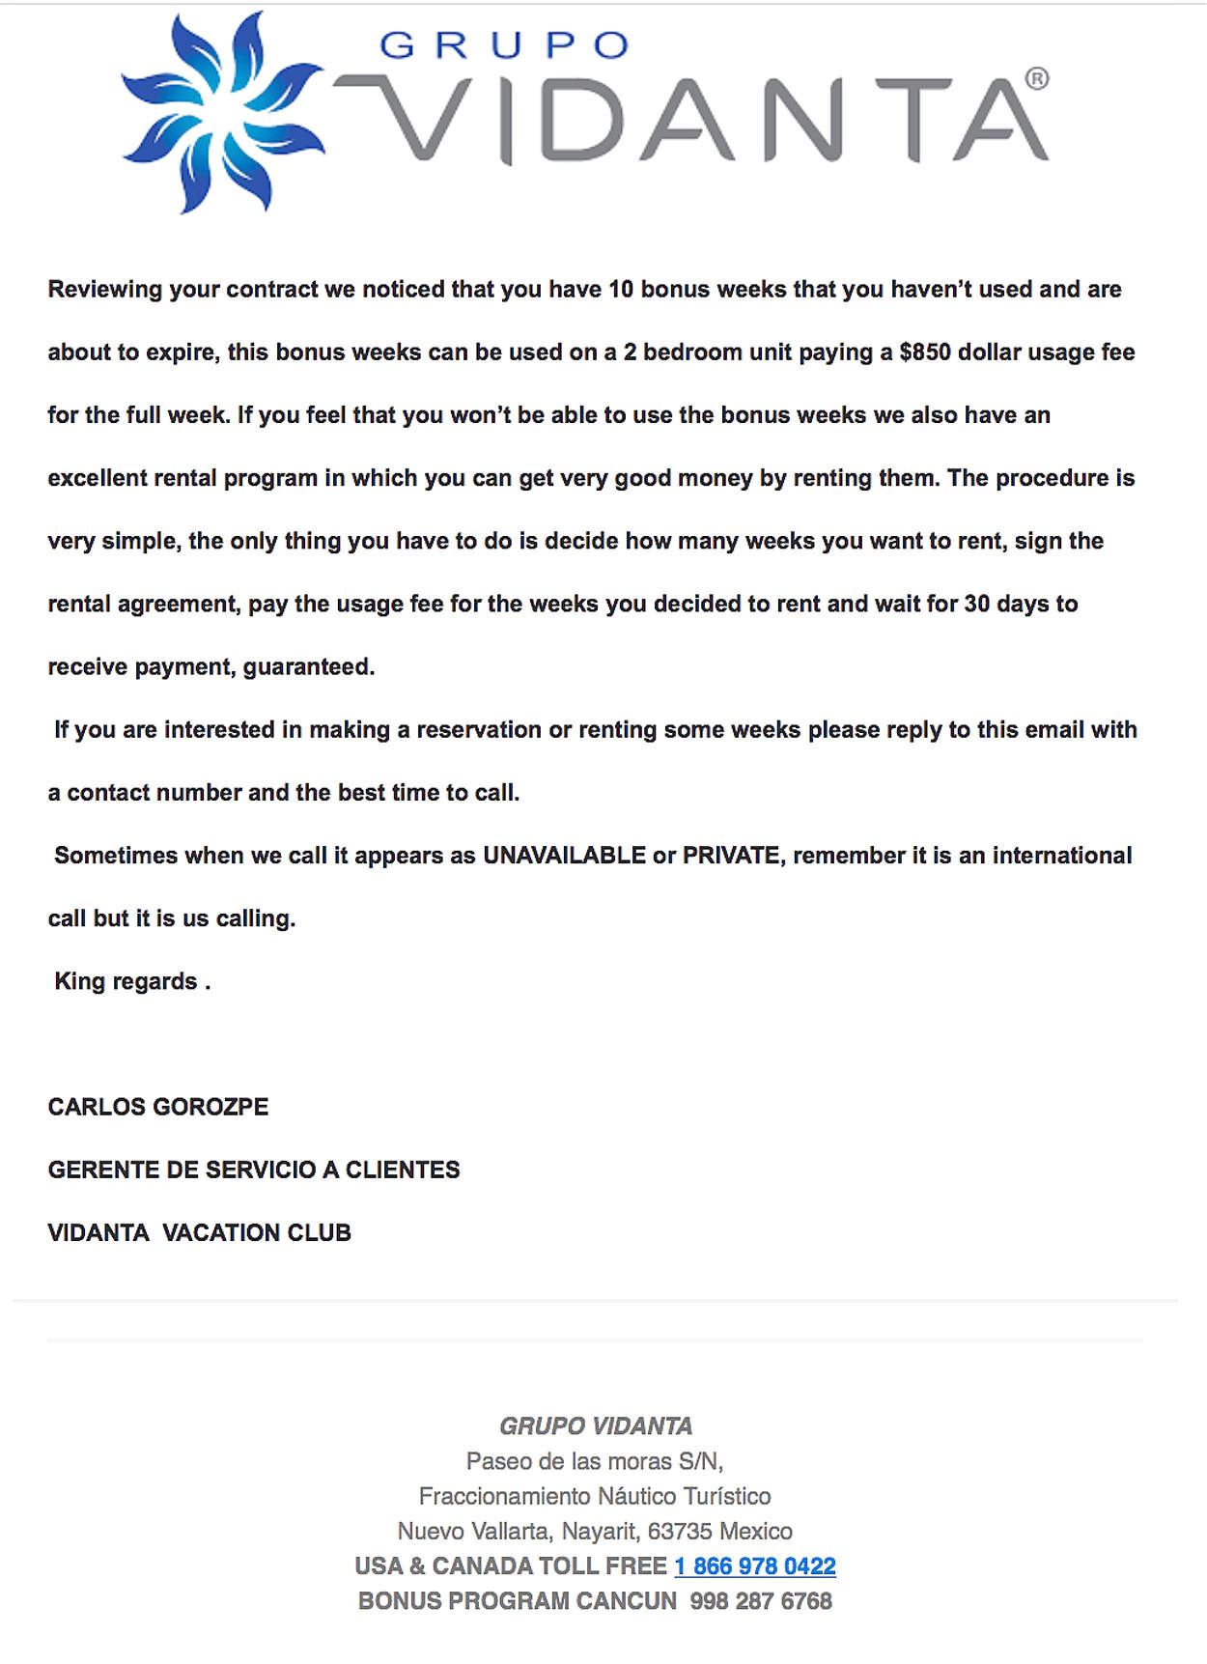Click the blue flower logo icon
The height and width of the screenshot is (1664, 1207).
(223, 112)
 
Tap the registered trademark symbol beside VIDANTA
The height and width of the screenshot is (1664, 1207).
(1036, 79)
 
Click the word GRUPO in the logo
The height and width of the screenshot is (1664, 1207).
(503, 45)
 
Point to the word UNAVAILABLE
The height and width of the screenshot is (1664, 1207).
(564, 856)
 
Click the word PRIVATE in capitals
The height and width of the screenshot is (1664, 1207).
(731, 856)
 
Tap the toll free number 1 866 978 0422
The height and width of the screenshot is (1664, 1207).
(755, 1565)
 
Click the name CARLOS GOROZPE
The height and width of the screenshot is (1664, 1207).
(158, 1107)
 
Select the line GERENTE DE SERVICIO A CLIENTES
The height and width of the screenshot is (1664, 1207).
(254, 1170)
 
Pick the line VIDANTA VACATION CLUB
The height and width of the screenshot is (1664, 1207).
(200, 1232)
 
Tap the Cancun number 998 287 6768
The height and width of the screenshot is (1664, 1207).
(761, 1600)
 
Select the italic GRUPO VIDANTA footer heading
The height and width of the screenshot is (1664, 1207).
(596, 1425)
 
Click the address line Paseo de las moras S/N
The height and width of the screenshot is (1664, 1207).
(595, 1460)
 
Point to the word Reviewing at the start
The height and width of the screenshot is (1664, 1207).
(105, 290)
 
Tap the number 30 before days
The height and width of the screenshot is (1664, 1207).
(976, 604)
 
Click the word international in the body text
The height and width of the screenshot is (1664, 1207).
(1062, 856)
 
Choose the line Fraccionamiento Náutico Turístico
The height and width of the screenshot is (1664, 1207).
(595, 1496)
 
